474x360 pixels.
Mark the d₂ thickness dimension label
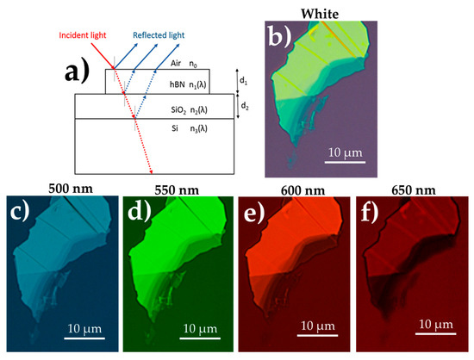245,107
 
